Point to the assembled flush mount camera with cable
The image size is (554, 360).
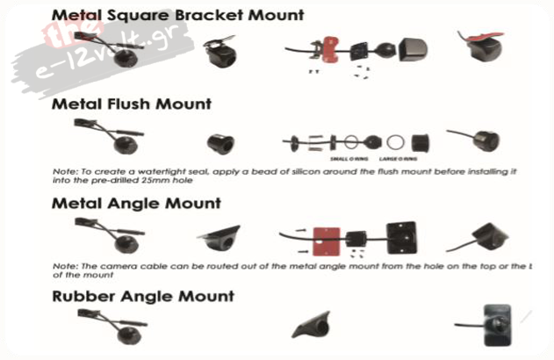[474, 139]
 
